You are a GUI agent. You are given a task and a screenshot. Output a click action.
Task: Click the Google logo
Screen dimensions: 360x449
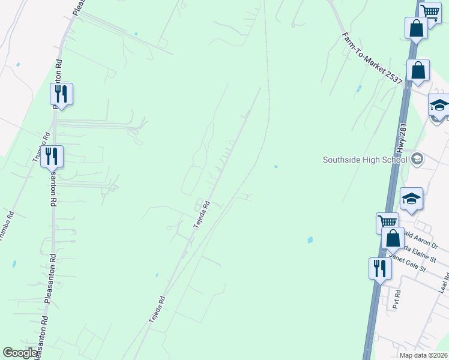pos(20,353)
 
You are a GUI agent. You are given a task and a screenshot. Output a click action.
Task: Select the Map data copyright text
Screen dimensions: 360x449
pos(424,355)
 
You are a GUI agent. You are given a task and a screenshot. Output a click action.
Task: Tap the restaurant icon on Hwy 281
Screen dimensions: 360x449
pos(379,268)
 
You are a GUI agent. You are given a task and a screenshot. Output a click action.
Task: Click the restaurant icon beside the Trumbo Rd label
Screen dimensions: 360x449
pos(52,156)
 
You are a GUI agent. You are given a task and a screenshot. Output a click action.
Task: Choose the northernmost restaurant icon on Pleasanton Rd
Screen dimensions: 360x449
pos(61,94)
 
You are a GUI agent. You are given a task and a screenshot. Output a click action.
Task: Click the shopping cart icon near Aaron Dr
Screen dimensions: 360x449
pos(387,223)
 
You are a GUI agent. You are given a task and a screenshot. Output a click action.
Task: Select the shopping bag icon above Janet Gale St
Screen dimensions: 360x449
pos(393,238)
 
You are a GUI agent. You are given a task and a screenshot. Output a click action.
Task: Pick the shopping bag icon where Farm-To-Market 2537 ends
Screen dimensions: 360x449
pos(418,70)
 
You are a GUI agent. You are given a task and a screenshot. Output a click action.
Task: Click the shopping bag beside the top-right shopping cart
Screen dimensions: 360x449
pos(416,28)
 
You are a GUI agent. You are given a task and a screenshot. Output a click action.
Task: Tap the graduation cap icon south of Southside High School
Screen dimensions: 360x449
pos(411,199)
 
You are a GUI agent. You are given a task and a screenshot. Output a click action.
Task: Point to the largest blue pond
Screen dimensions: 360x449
pos(310,240)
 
